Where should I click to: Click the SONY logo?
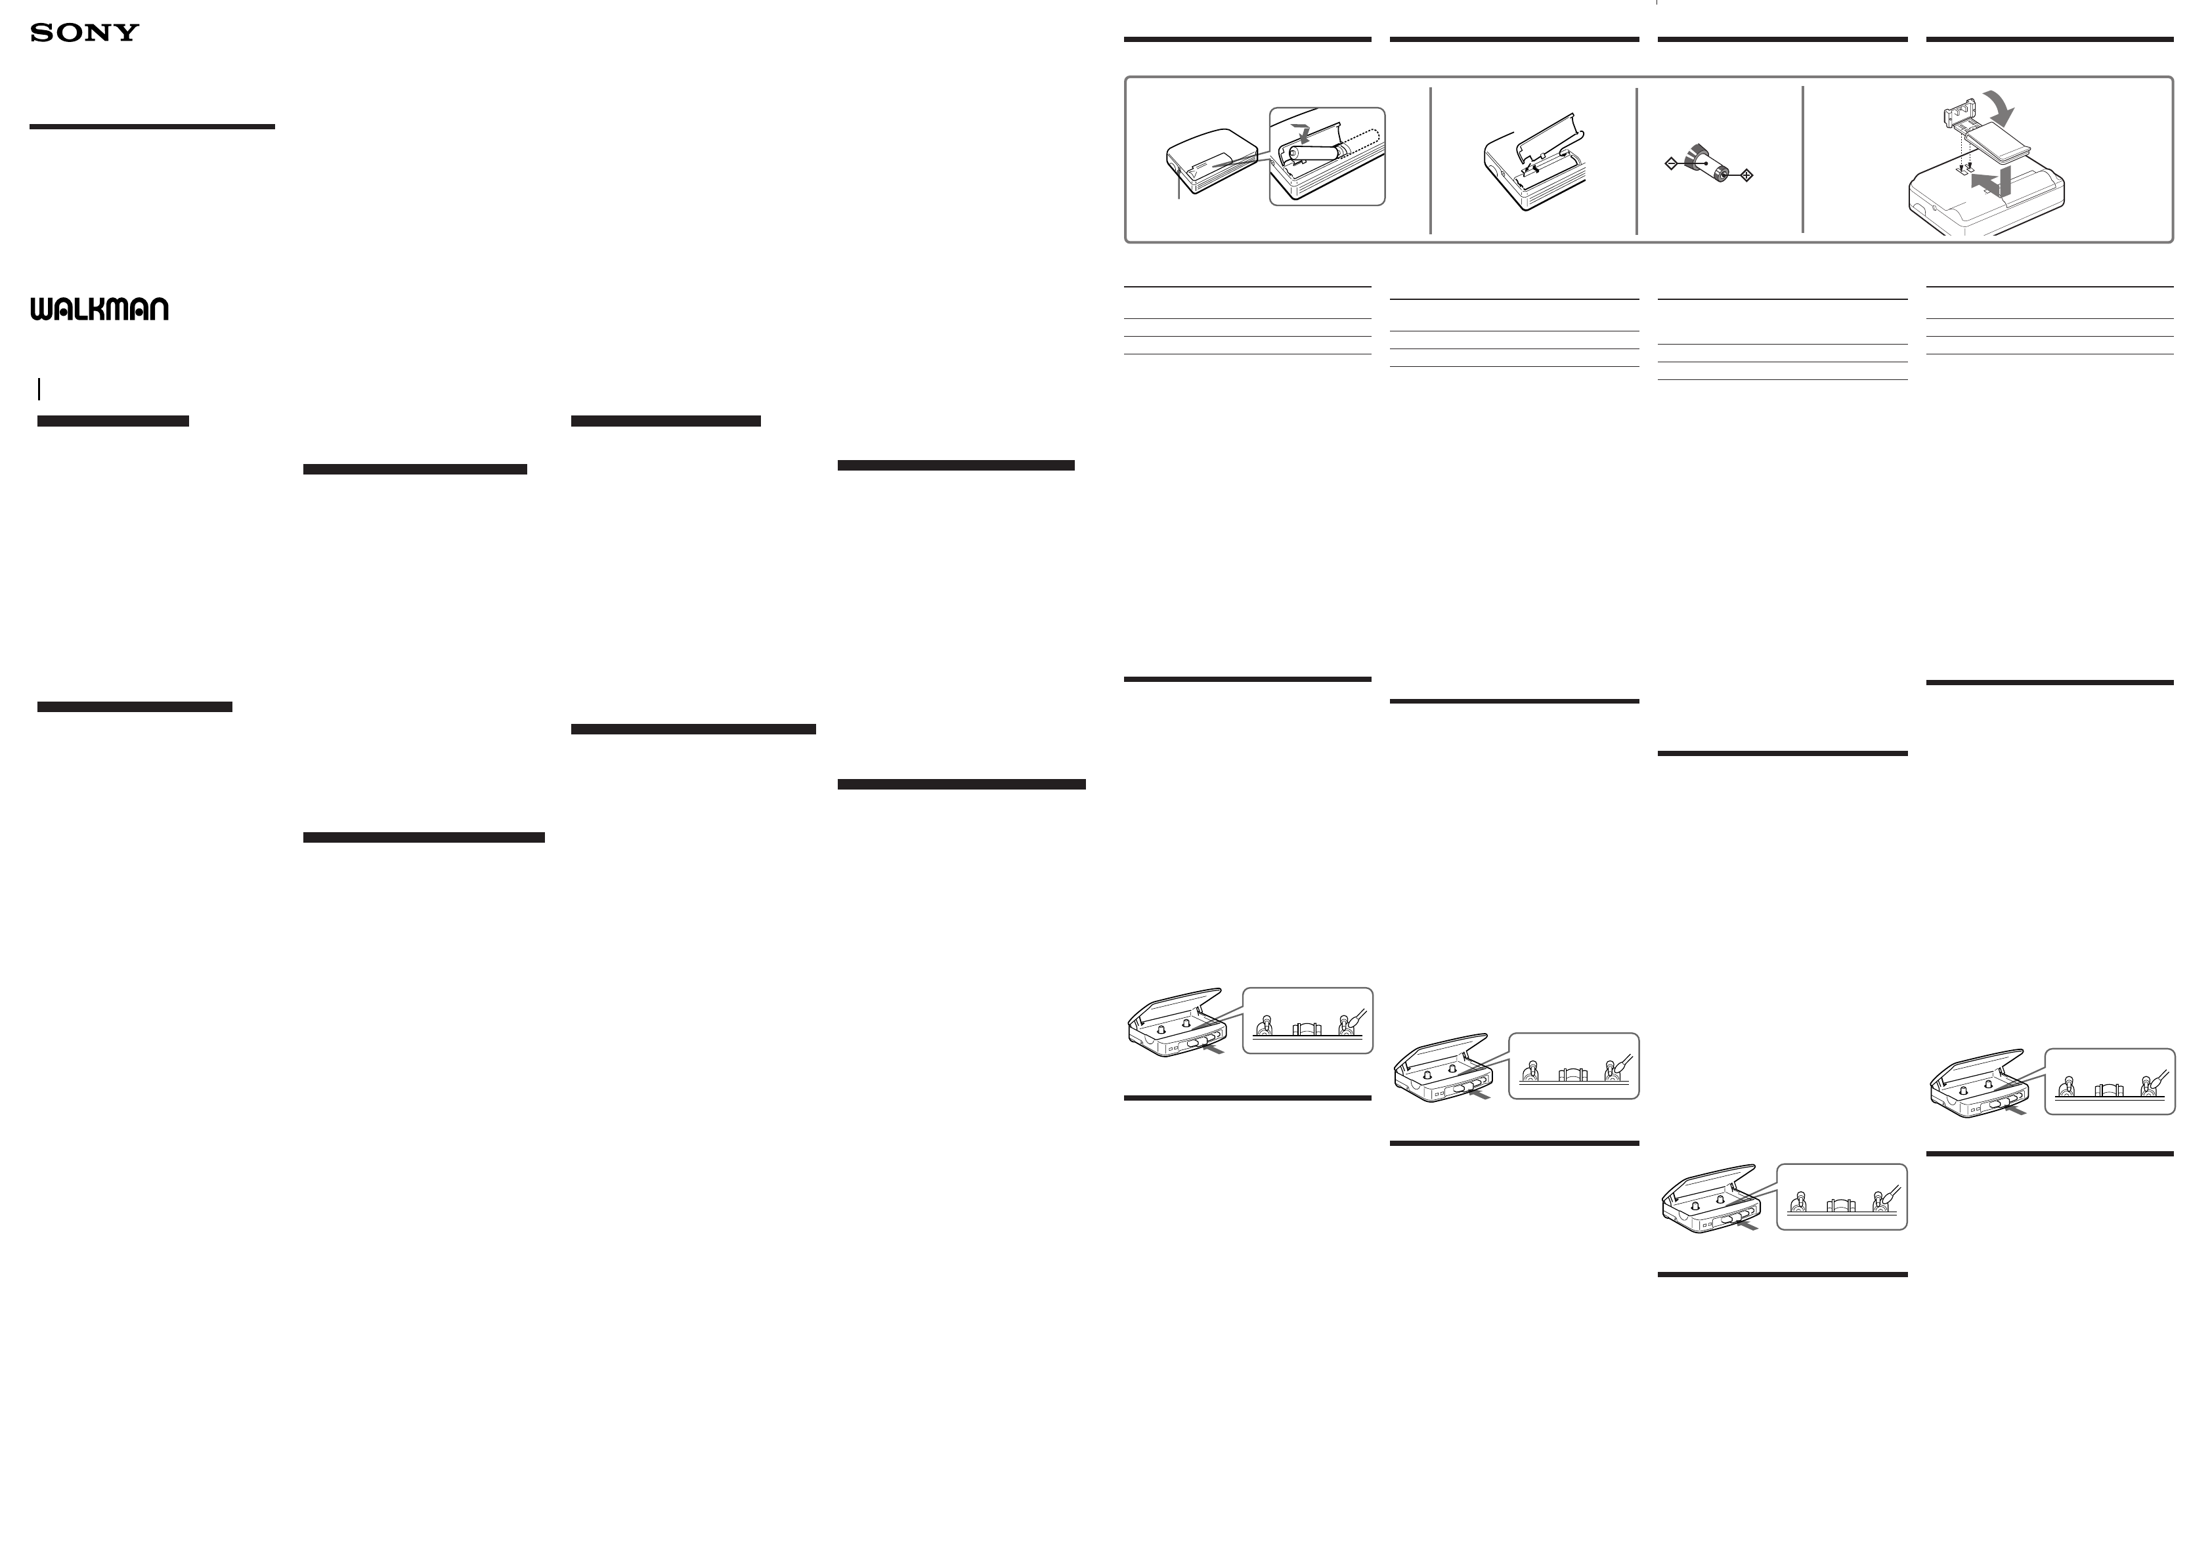[85, 33]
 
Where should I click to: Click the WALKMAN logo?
[99, 309]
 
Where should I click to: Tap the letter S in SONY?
[41, 33]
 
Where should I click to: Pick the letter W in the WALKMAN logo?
[41, 309]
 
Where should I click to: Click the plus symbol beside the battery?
[1747, 175]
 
